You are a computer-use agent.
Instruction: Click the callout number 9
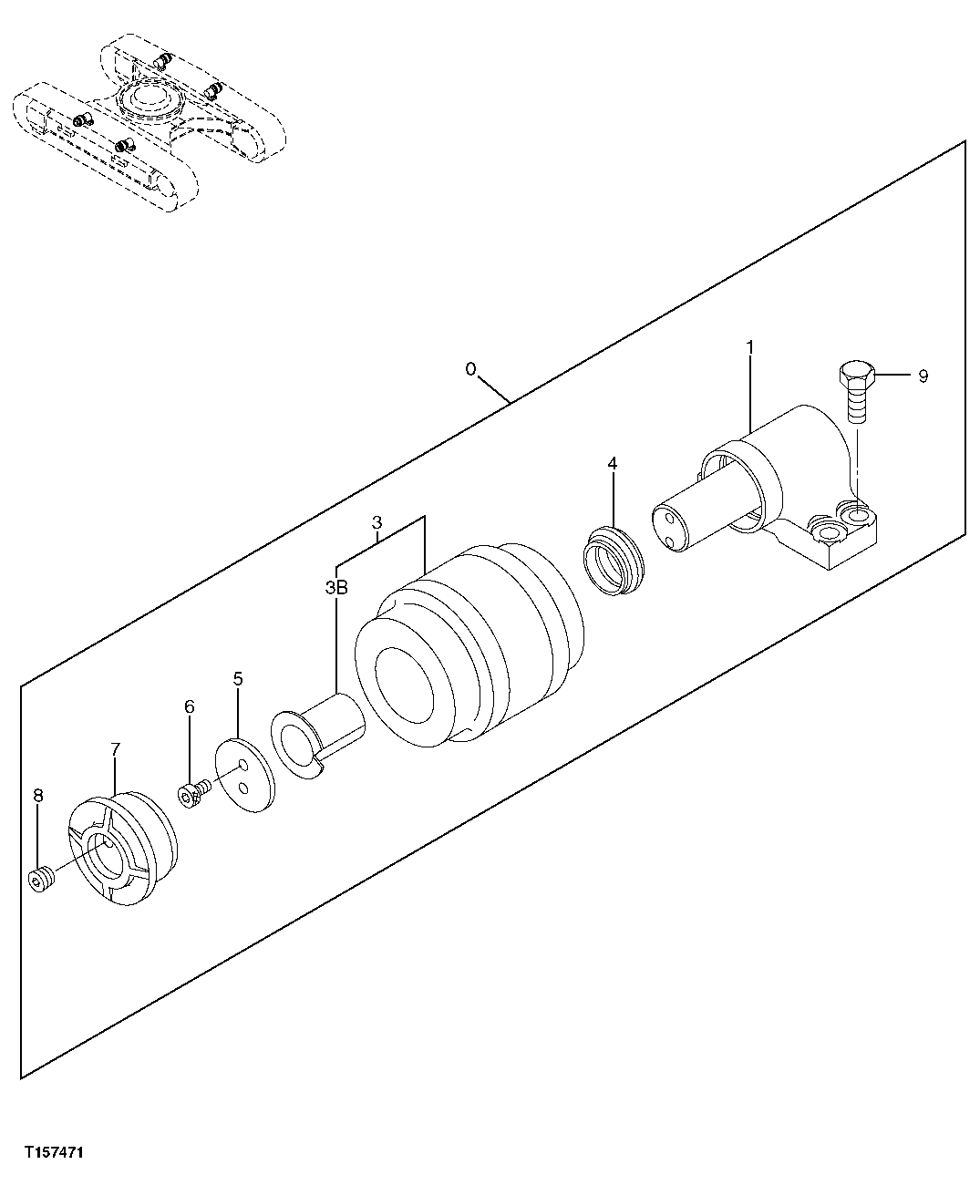[x=923, y=376]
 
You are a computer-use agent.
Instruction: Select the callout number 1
[x=749, y=347]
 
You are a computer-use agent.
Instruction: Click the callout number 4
[x=613, y=464]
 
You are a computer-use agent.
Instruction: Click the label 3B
[x=336, y=589]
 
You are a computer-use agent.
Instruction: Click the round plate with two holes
[x=244, y=775]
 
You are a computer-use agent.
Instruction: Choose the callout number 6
[x=190, y=706]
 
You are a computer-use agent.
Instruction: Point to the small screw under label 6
[x=194, y=794]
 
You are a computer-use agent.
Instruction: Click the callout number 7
[x=115, y=749]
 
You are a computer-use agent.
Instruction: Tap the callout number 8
[x=37, y=796]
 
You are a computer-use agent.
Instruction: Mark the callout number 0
[x=470, y=369]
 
